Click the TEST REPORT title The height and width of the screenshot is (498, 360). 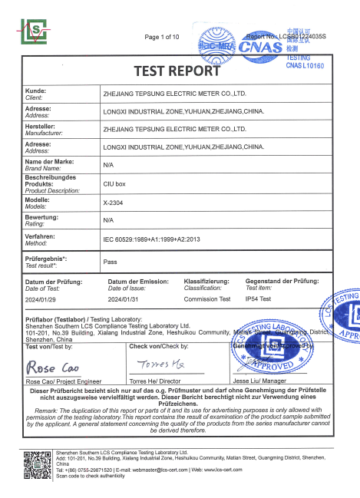[x=177, y=72]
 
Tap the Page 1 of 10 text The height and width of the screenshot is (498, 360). [x=161, y=37]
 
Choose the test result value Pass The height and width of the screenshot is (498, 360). [x=110, y=261]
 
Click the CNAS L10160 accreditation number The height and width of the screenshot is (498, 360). [x=306, y=67]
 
